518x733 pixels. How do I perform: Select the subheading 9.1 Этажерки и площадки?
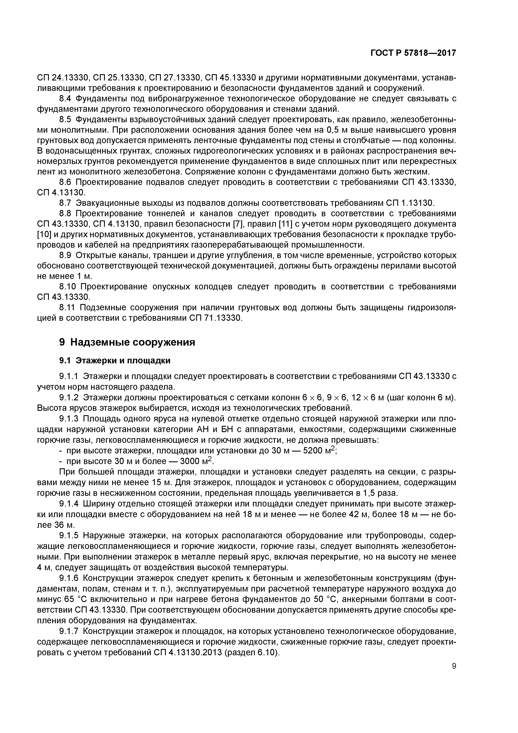(x=115, y=360)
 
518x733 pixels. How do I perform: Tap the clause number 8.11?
(x=67, y=307)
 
